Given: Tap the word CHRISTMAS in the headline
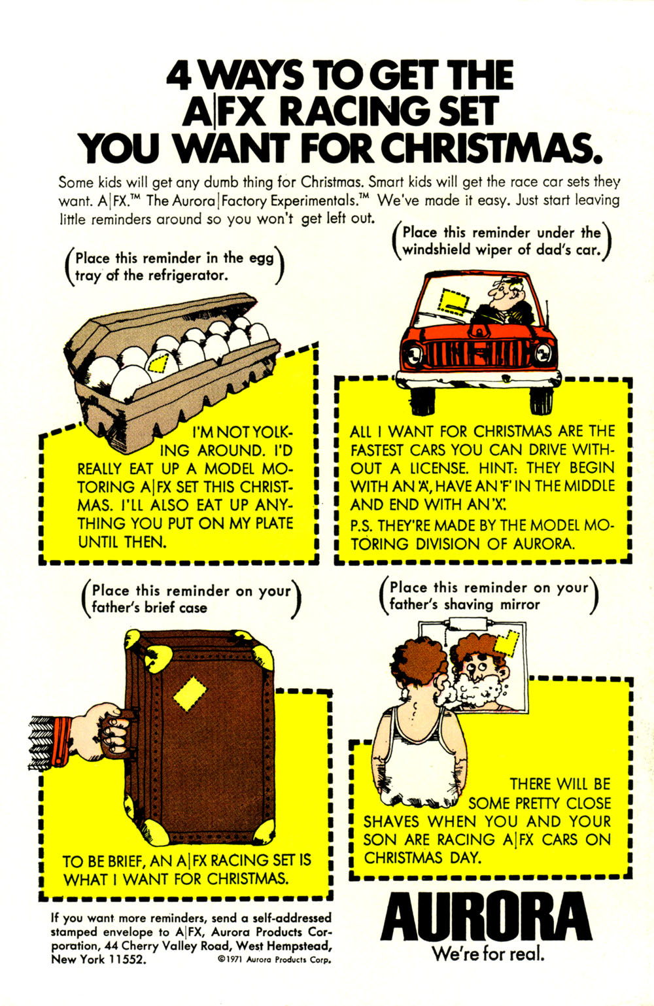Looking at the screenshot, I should [x=490, y=148].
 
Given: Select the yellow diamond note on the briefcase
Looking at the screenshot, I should [x=190, y=693].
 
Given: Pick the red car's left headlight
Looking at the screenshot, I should [x=414, y=356].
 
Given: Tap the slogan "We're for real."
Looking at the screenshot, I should [x=487, y=954].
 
